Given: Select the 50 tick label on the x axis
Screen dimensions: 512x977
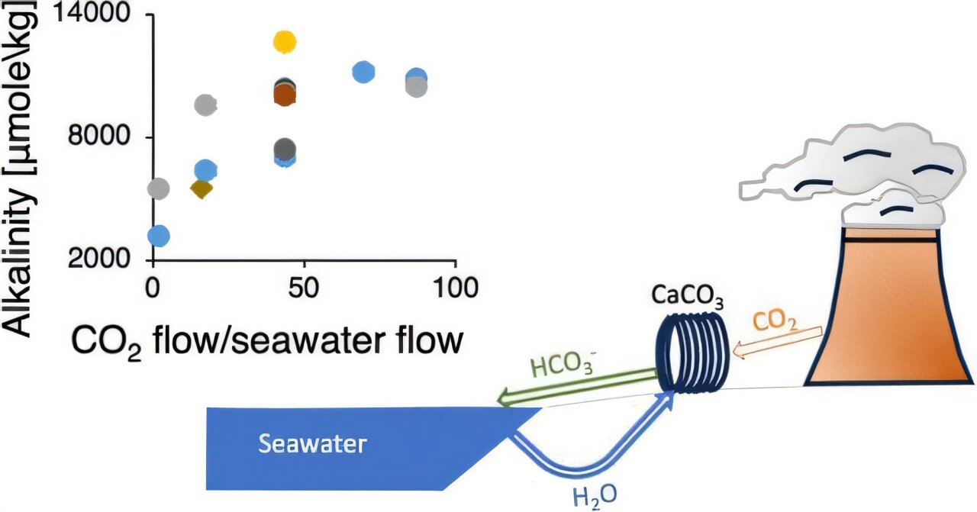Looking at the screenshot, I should click(x=304, y=289).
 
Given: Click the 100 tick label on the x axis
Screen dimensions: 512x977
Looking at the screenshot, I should click(x=455, y=289).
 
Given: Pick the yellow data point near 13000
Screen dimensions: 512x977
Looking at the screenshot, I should click(x=284, y=41).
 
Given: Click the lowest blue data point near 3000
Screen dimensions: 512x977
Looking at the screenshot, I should click(x=158, y=235).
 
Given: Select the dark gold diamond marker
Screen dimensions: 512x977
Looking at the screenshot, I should click(x=202, y=188).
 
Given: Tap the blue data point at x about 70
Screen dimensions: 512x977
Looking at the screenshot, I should click(x=364, y=72).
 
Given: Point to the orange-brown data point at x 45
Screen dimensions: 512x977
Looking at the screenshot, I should click(x=284, y=95).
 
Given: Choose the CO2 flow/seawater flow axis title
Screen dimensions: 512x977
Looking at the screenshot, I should click(x=267, y=341).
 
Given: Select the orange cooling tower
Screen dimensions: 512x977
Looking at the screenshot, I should click(x=890, y=305).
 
